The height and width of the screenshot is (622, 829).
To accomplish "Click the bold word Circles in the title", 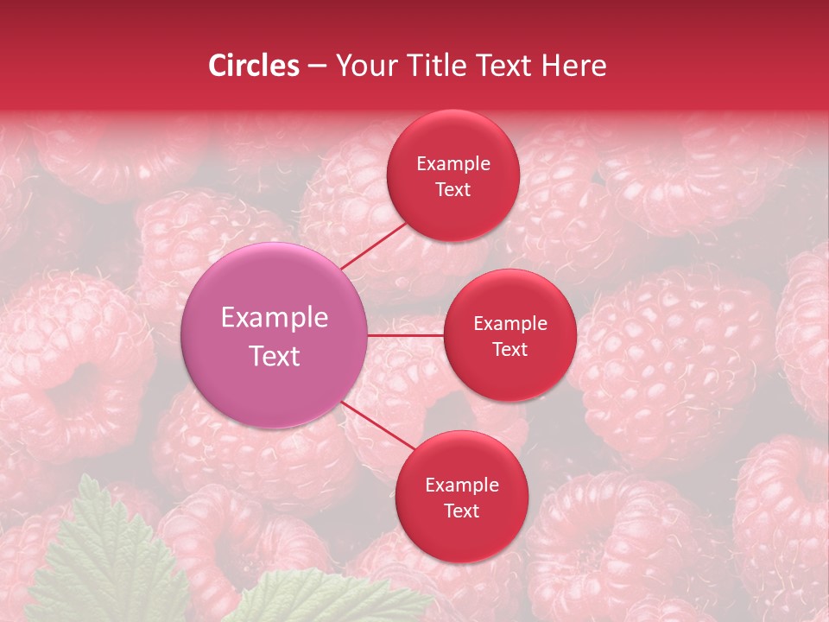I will click(253, 66).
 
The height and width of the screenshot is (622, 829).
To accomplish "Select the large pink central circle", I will click(275, 335).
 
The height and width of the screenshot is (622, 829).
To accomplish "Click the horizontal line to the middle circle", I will click(405, 335).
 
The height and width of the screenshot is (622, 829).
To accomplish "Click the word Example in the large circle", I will click(275, 318).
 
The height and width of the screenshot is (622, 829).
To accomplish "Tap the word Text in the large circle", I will click(275, 356).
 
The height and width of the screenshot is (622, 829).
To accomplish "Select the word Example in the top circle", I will click(452, 164).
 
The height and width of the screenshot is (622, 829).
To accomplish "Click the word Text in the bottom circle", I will click(461, 511).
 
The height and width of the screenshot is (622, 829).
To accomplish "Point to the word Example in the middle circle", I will click(509, 324).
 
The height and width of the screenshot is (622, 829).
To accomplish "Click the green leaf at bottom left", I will click(104, 562).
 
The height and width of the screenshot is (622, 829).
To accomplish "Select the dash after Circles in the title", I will click(316, 66).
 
